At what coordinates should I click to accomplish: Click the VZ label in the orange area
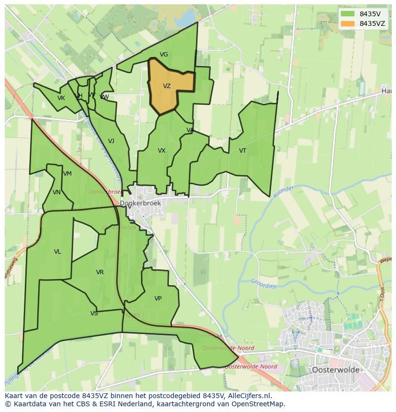166,87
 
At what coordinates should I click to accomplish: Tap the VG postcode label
164,55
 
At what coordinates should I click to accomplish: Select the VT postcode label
242,151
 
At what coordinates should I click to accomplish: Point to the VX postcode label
162,151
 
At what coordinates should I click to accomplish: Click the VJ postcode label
111,141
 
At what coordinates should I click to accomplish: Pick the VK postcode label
61,98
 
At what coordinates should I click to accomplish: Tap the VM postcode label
67,174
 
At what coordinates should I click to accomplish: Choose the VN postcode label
57,192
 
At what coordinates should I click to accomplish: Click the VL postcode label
57,252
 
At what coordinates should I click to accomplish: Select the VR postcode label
100,272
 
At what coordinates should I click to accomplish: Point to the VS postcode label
94,313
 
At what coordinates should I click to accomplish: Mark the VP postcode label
158,299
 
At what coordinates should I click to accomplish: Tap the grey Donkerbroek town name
140,203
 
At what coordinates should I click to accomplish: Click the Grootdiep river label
264,283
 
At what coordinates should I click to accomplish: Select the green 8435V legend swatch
348,13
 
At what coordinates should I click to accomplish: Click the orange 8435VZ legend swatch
348,23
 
